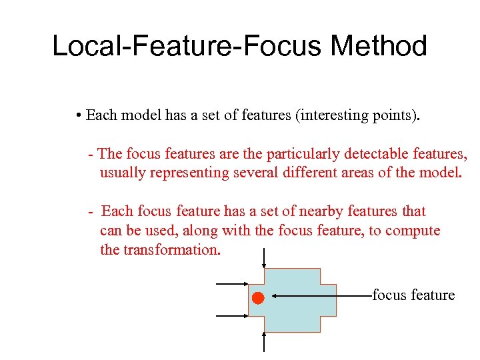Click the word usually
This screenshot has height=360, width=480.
123,174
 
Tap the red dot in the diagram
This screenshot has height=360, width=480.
258,298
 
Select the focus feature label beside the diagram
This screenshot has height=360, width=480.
413,295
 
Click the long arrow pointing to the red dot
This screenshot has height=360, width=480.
320,295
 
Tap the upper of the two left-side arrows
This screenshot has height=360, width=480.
232,284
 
